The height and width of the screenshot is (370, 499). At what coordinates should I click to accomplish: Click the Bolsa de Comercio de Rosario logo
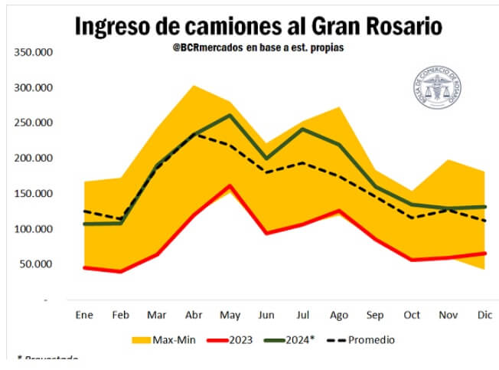pyautogui.click(x=439, y=87)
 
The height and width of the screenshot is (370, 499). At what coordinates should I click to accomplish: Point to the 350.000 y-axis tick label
pyautogui.click(x=34, y=52)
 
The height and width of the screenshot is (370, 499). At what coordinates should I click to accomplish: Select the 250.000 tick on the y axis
pyautogui.click(x=34, y=123)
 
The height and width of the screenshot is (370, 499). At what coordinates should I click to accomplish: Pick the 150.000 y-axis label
pyautogui.click(x=34, y=194)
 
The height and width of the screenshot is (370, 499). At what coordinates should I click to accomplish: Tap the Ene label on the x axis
pyautogui.click(x=84, y=314)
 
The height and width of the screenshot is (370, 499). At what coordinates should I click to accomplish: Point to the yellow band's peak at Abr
pyautogui.click(x=193, y=86)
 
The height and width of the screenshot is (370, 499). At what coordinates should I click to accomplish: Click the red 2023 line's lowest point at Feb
pyautogui.click(x=120, y=271)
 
